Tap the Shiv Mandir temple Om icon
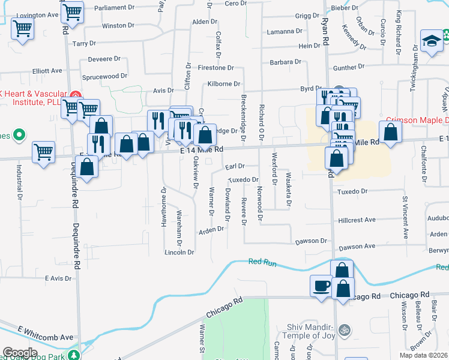coord(345,329)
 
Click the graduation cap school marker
coord(431,40)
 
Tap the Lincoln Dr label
coord(179,253)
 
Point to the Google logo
coord(20,353)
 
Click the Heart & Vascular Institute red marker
coord(75,95)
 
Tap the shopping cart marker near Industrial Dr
coord(44,152)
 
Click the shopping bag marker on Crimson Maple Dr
coord(390,131)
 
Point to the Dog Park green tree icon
coord(74,355)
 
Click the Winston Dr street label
coord(118,26)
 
